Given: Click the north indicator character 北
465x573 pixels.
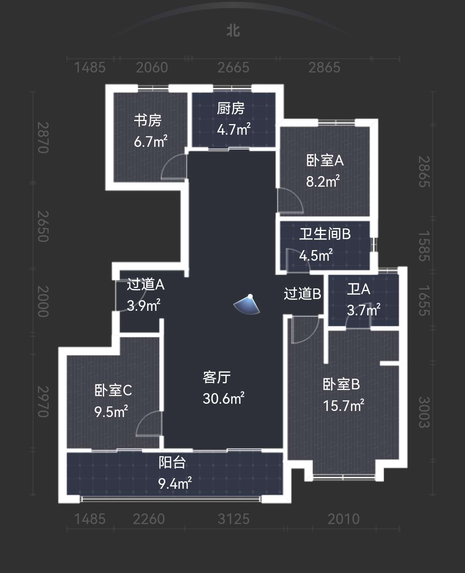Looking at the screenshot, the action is pyautogui.click(x=233, y=31).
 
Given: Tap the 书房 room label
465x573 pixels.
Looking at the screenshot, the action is pyautogui.click(x=148, y=120).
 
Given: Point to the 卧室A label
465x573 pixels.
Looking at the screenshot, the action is pyautogui.click(x=325, y=161).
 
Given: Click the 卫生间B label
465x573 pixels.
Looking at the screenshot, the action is pyautogui.click(x=325, y=234).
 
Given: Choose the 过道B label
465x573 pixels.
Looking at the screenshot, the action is pyautogui.click(x=303, y=293).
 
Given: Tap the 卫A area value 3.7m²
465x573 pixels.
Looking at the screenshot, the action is pyautogui.click(x=364, y=310).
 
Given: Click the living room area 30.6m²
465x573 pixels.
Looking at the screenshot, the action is pyautogui.click(x=223, y=398).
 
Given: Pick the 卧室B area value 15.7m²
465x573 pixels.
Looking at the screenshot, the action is pyautogui.click(x=343, y=406).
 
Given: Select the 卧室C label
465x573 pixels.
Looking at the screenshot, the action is pyautogui.click(x=113, y=390).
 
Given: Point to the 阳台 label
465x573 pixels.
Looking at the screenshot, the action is pyautogui.click(x=172, y=463).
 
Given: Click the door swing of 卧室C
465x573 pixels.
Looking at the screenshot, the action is pyautogui.click(x=149, y=423).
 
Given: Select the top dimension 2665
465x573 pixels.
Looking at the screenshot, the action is pyautogui.click(x=233, y=68).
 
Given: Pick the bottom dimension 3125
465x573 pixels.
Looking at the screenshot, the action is pyautogui.click(x=234, y=519).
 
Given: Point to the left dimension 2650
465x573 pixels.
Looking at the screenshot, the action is pyautogui.click(x=43, y=226).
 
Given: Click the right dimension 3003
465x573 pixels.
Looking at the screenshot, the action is pyautogui.click(x=424, y=412).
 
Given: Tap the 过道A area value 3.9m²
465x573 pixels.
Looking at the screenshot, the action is pyautogui.click(x=144, y=305).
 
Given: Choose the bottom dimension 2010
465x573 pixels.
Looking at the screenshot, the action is pyautogui.click(x=343, y=519).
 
